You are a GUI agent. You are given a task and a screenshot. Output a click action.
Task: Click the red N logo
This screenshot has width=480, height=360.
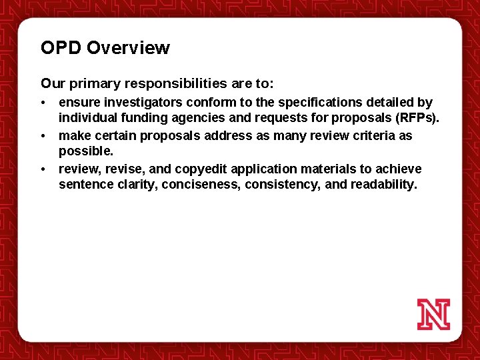click(433, 314)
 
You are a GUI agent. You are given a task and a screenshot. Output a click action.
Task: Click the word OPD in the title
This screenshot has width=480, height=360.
click(61, 48)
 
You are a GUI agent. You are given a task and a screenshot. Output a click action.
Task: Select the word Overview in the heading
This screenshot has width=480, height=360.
click(128, 48)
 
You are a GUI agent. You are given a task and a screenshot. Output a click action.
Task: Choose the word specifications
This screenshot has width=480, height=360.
click(318, 103)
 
